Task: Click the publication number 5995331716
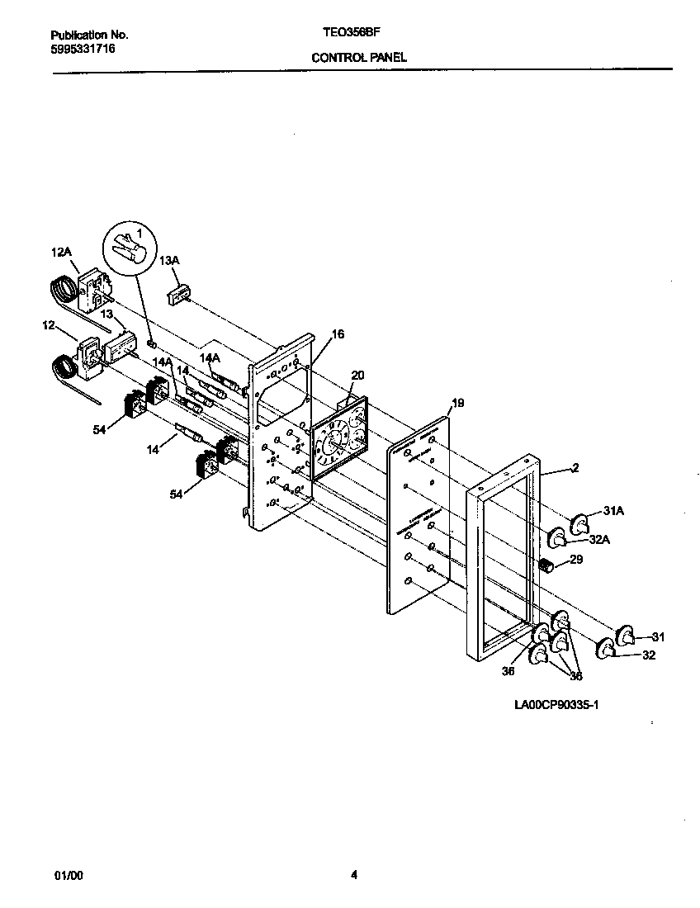pyautogui.click(x=83, y=50)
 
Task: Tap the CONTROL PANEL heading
pyautogui.click(x=359, y=58)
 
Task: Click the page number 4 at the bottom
pyautogui.click(x=353, y=876)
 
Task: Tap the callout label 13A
pyautogui.click(x=168, y=261)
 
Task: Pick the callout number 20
pyautogui.click(x=357, y=375)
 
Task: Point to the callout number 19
pyautogui.click(x=458, y=403)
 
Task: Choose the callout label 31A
pyautogui.click(x=612, y=512)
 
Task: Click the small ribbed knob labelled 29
pyautogui.click(x=545, y=565)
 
